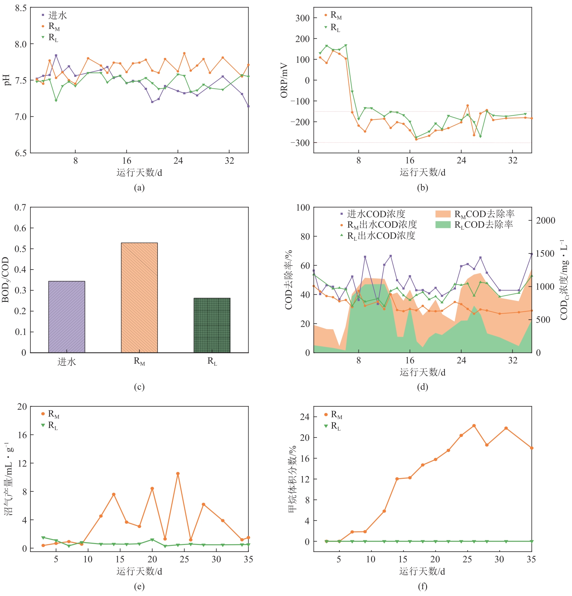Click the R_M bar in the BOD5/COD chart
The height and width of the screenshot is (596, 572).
139,298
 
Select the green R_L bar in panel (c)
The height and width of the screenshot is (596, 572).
212,325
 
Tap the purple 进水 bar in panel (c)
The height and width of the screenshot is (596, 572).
66,317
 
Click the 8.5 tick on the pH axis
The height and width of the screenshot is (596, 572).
21,8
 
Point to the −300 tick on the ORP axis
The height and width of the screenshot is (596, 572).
300,143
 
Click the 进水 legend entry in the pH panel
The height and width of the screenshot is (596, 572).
57,15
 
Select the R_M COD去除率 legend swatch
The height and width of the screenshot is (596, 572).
443,214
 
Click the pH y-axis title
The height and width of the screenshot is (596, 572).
7,80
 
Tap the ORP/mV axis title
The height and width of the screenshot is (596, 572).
284,80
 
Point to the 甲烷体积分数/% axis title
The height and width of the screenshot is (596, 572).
292,479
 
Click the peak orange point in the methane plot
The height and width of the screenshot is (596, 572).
474,426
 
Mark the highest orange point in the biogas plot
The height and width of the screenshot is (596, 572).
178,474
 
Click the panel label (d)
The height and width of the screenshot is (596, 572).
422,387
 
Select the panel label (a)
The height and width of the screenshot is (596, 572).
139,188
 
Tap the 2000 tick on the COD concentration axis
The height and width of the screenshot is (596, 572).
546,220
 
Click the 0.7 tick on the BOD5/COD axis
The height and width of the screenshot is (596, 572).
20,208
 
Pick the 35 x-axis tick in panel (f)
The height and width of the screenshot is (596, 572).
531,559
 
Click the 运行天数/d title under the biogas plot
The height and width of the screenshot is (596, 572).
139,571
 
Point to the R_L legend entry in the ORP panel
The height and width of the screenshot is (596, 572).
335,28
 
